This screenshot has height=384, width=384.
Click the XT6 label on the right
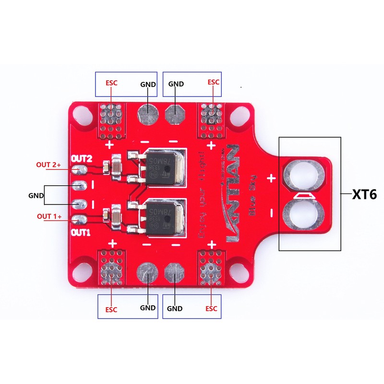click(364, 194)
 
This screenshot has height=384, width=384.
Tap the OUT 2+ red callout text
click(48, 165)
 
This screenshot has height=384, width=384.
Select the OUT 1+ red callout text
click(49, 216)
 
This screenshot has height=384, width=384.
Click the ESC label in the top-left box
click(111, 83)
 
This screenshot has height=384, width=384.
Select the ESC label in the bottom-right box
click(211, 308)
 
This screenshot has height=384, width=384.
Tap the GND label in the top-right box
click(176, 84)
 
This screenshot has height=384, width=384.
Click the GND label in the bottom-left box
click(148, 308)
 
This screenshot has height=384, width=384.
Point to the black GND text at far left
click(36, 195)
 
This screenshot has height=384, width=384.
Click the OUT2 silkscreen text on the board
click(81, 158)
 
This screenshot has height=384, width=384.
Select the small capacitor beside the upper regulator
click(116, 167)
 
